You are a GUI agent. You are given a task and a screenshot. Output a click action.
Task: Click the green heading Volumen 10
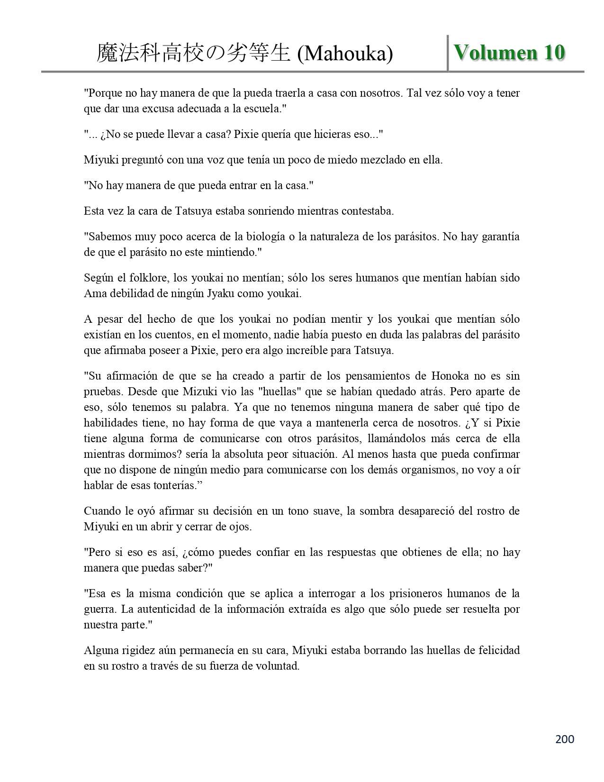point(509,52)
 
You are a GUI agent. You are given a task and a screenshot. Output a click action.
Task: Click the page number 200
point(564,739)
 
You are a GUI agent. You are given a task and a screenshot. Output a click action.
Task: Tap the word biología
point(263,236)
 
